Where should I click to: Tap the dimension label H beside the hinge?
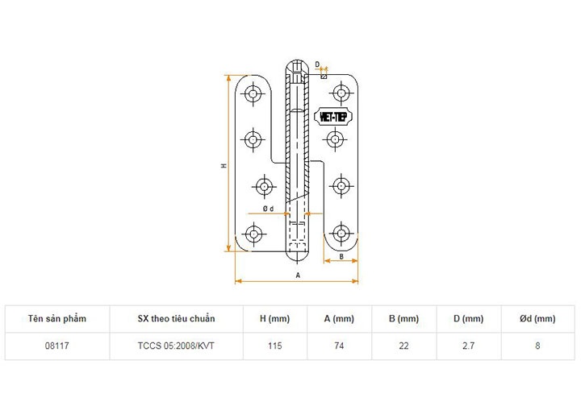tap(224, 166)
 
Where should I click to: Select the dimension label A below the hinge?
tap(298, 275)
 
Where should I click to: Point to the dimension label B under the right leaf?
tap(342, 256)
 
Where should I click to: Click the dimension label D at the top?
tap(317, 64)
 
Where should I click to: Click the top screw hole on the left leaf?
tap(255, 95)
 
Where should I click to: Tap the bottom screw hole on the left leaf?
tap(255, 235)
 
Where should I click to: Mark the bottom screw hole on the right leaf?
tap(342, 234)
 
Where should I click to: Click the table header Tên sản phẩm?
tap(56, 319)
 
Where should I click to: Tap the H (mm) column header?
tap(274, 319)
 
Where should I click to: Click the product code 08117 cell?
tap(56, 346)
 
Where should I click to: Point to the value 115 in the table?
tap(274, 346)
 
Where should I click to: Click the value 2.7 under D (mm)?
tap(468, 346)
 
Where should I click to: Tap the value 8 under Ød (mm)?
tap(537, 346)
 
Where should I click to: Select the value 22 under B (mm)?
tap(403, 346)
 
